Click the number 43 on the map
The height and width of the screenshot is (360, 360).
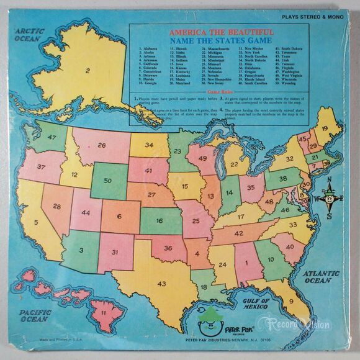[x=161, y=284]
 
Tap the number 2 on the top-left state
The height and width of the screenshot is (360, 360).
[x=89, y=71]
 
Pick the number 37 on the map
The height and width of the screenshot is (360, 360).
[x=43, y=168]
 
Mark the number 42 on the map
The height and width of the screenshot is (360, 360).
[x=238, y=235]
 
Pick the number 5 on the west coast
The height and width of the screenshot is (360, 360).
[x=36, y=222]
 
